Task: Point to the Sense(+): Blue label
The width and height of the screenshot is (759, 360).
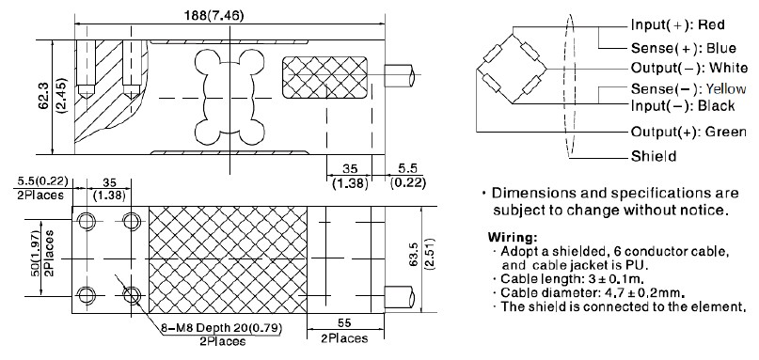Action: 677,46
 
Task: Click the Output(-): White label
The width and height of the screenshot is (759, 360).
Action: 682,69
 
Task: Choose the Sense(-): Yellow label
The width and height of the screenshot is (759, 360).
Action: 681,89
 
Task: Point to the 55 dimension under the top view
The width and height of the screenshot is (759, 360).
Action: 344,322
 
